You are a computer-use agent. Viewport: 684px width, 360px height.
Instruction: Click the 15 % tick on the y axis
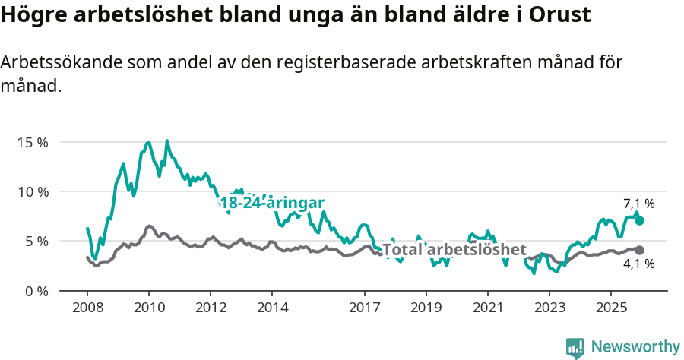coord(31,142)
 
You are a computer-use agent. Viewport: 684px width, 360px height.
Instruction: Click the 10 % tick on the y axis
coord(31,191)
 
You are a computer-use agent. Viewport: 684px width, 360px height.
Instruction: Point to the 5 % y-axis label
coord(35,242)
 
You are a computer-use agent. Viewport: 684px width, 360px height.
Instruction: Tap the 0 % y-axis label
coord(35,291)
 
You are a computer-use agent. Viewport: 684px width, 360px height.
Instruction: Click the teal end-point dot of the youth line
coord(639,220)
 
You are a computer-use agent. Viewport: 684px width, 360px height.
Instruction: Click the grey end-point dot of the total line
coord(639,250)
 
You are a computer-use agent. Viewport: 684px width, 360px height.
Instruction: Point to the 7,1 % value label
coord(638,204)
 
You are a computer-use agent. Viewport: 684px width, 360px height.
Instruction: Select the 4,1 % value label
coord(638,264)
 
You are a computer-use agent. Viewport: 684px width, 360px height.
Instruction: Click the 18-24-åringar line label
coord(271,203)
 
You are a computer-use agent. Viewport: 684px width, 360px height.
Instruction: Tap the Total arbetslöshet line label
coord(454,250)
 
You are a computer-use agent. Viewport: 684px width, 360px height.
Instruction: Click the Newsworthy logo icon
coord(575,347)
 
